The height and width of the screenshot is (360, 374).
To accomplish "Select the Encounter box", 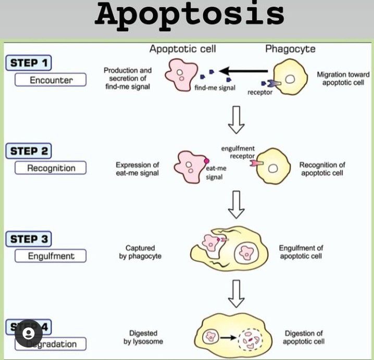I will point(51,80).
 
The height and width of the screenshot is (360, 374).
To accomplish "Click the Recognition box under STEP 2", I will point(51,168).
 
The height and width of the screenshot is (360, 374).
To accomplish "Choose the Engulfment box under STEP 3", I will point(51,256).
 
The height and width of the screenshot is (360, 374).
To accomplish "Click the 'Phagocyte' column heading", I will point(290,49).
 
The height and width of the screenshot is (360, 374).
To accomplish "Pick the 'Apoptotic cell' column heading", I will point(182,49).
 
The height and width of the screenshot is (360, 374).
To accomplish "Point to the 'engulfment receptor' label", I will point(238,152).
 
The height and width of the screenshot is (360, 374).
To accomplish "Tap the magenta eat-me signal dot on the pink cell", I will point(206,161).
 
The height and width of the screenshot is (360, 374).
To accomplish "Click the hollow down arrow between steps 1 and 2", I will point(237,120).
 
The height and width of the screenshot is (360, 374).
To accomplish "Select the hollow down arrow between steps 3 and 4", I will point(237,295).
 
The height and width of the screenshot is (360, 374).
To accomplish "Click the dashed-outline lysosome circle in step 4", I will point(251,339).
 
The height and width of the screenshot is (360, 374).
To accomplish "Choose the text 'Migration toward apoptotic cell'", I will point(343,79).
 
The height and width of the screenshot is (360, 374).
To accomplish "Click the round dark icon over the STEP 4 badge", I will point(29,333).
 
